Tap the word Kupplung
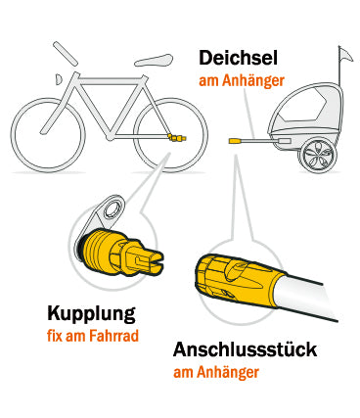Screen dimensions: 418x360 [x=92, y=314]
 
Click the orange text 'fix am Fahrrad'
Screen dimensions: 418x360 [x=92, y=336]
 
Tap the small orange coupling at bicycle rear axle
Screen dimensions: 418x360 [x=176, y=139]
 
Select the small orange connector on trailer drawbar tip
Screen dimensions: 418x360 [x=235, y=142]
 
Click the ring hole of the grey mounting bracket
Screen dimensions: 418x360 [x=111, y=209]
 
